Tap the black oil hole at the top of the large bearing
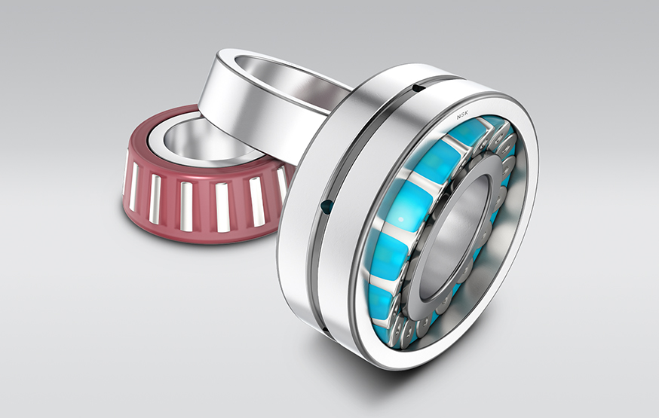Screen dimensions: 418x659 pyautogui.click(x=414, y=89)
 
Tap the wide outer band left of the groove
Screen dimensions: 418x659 pyautogui.click(x=302, y=249)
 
